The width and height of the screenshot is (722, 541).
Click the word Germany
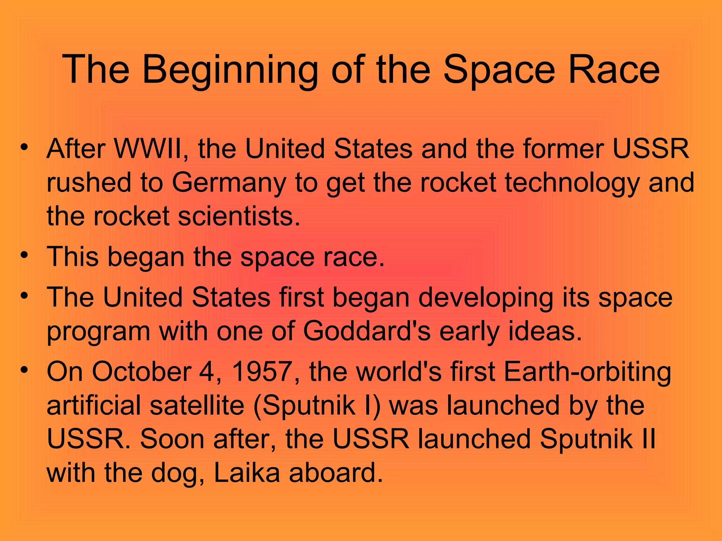[229, 183]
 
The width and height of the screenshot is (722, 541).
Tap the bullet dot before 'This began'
[24, 254]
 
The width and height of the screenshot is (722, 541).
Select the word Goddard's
[367, 331]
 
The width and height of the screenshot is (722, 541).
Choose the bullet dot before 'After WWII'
[24, 147]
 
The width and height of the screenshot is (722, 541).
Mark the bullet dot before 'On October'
[24, 370]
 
